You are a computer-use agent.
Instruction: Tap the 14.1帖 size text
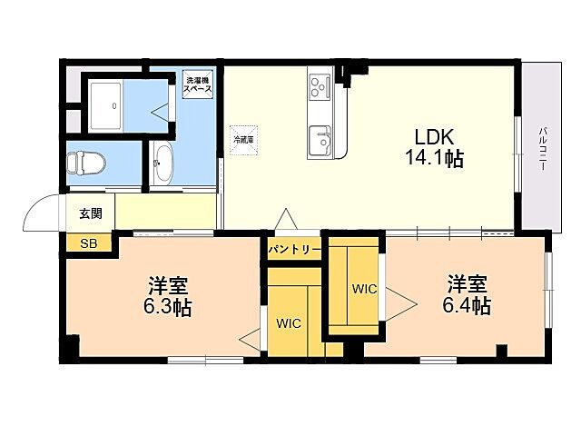[x=435, y=159]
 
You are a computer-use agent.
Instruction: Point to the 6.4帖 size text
[x=468, y=305]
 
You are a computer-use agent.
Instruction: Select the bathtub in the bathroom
[x=113, y=106]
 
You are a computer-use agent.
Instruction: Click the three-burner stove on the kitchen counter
[x=320, y=86]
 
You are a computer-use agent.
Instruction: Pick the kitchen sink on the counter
[x=320, y=140]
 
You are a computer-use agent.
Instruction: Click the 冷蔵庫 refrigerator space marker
[x=243, y=140]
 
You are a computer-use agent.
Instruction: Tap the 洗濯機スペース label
[x=197, y=84]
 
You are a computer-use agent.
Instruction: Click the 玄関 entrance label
[x=90, y=214]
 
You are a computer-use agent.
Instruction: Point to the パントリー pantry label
[x=294, y=248]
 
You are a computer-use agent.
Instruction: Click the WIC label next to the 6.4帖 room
[x=365, y=289]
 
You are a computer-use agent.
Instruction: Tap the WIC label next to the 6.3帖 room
[x=290, y=322]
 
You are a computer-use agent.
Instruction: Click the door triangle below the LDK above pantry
[x=286, y=220]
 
